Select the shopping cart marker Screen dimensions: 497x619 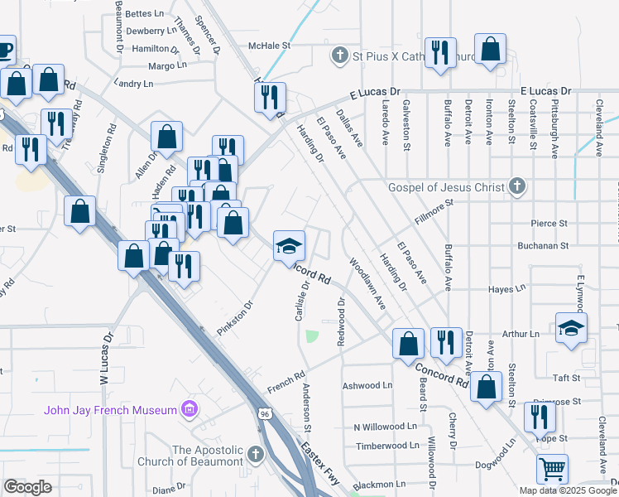pyautogui.click(x=552, y=470)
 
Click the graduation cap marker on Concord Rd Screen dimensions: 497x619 pyautogui.click(x=289, y=246)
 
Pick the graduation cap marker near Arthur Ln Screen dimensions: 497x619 pyautogui.click(x=571, y=328)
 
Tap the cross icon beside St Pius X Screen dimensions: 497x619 pyautogui.click(x=338, y=56)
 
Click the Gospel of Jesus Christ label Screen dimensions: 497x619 pyautogui.click(x=446, y=186)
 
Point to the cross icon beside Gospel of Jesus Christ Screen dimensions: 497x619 pyautogui.click(x=517, y=186)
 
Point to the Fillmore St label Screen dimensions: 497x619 pyautogui.click(x=434, y=207)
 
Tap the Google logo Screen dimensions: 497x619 pyautogui.click(x=28, y=486)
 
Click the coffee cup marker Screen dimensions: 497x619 pyautogui.click(x=4, y=50)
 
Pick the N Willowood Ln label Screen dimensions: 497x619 pyautogui.click(x=385, y=427)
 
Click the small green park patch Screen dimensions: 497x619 pyautogui.click(x=312, y=336)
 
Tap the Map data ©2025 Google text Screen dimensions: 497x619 pyautogui.click(x=568, y=490)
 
